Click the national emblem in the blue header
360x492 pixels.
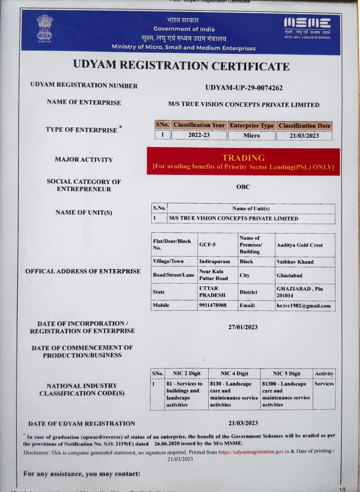tap(45, 28)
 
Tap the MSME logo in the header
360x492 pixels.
tap(307, 26)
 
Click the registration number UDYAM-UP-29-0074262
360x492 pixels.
tap(244, 88)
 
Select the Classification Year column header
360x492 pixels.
tap(199, 125)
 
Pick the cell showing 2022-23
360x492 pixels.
tap(199, 135)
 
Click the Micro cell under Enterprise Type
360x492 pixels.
tap(251, 135)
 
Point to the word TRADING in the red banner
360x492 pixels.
tap(243, 158)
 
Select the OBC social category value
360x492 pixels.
tap(243, 187)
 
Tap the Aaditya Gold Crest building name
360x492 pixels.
tap(300, 245)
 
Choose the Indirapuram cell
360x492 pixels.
tap(214, 261)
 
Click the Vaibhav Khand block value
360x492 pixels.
tap(295, 262)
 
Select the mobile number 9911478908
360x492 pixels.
tap(212, 305)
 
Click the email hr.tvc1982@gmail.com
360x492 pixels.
tap(304, 306)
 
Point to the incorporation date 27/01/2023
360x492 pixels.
tap(243, 327)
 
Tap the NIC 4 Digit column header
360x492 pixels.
tap(234, 373)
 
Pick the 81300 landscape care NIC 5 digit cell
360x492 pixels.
tap(286, 394)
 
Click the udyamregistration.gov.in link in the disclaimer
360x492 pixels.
tap(254, 452)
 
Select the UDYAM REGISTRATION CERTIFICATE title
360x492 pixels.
tap(181, 66)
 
